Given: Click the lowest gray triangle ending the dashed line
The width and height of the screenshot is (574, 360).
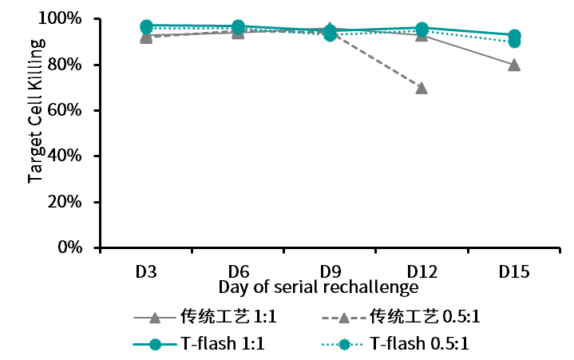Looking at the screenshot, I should (422, 88).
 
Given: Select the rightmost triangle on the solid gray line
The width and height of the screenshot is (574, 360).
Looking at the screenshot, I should (514, 65).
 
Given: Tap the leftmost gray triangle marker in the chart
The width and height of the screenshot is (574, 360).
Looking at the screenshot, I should (146, 38).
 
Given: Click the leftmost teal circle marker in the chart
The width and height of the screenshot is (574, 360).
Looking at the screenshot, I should (147, 26).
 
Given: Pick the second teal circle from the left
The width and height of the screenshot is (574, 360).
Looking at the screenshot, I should (239, 26).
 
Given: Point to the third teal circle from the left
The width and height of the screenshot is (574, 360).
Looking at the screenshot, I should (330, 34).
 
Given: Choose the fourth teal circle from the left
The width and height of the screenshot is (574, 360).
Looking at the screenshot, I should (422, 29).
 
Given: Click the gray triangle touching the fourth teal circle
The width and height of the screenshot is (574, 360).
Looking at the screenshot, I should (422, 37).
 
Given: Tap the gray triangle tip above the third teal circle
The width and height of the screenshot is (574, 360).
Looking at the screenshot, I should (330, 26).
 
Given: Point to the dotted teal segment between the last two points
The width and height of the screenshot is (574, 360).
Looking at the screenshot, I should (471, 37).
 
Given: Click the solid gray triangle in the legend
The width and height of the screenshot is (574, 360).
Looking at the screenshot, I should (155, 318).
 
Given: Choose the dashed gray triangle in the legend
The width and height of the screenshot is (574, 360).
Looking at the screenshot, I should (344, 318).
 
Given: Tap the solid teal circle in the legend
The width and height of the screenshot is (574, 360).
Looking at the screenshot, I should (155, 344).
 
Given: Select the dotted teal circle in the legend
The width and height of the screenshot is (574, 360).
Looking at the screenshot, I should (344, 344).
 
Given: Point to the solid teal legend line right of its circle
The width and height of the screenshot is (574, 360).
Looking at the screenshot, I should (169, 344).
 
